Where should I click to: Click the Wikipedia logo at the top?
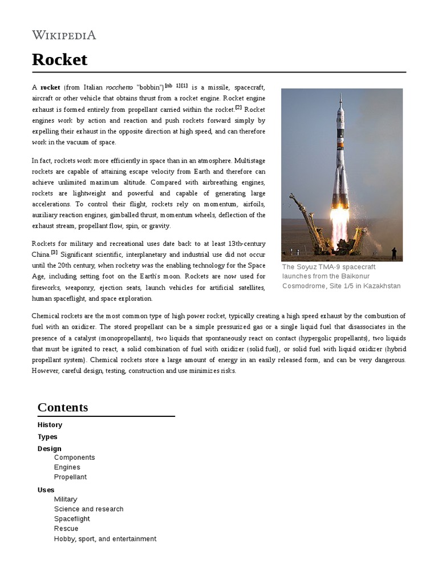pyautogui.click(x=64, y=35)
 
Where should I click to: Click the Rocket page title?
pyautogui.click(x=60, y=59)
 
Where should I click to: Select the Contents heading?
pyautogui.click(x=63, y=407)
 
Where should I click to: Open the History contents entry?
pyautogui.click(x=50, y=425)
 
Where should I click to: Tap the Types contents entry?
pyautogui.click(x=47, y=437)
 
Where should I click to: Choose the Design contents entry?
pyautogui.click(x=49, y=449)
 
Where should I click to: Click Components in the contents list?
pyautogui.click(x=74, y=457)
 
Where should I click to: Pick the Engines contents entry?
pyautogui.click(x=67, y=467)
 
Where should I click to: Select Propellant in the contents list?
pyautogui.click(x=70, y=477)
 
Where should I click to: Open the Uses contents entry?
pyautogui.click(x=46, y=490)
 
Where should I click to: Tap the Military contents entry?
pyautogui.click(x=66, y=499)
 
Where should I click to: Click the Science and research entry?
pyautogui.click(x=88, y=509)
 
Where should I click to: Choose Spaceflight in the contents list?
pyautogui.click(x=72, y=519)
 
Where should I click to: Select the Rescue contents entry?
pyautogui.click(x=66, y=529)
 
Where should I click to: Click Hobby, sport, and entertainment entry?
pyautogui.click(x=105, y=539)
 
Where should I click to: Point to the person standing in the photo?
pyautogui.click(x=394, y=253)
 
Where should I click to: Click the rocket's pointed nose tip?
pyautogui.click(x=340, y=97)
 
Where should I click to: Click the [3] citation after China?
pyautogui.click(x=54, y=252)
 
